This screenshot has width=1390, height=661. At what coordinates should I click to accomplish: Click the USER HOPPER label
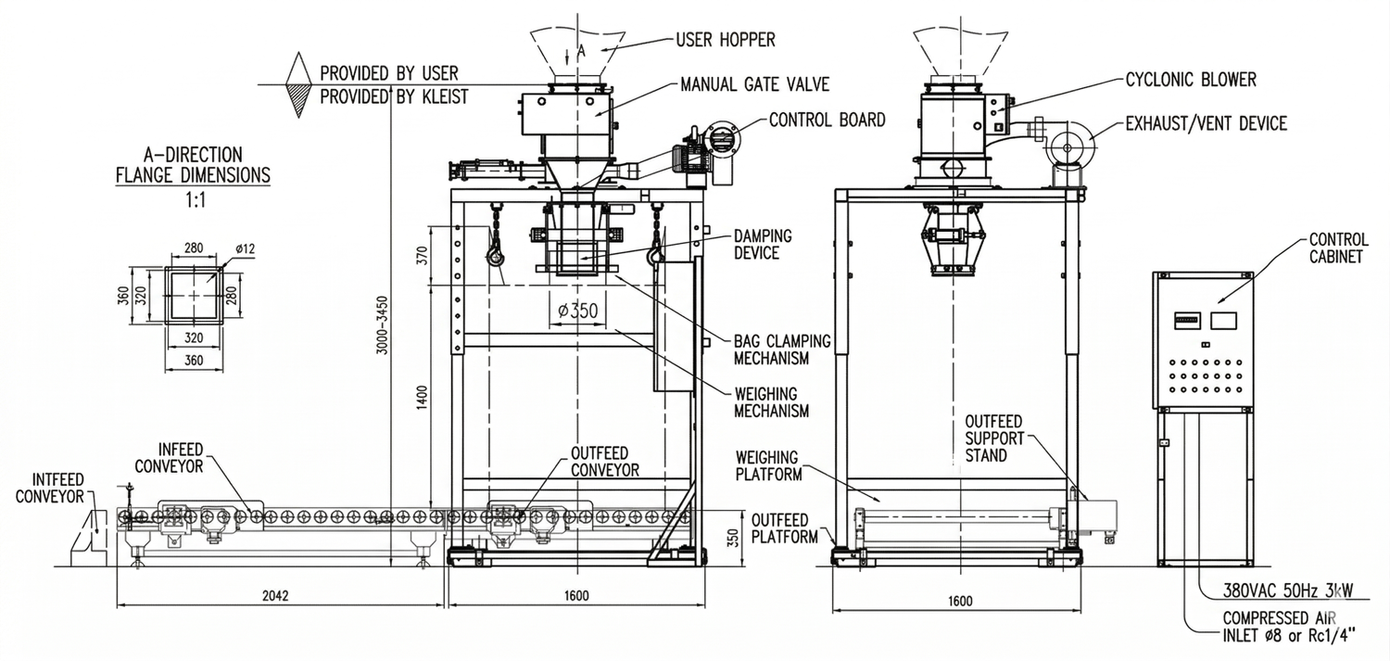[725, 40]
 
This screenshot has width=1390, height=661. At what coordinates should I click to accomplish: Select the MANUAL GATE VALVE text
[754, 84]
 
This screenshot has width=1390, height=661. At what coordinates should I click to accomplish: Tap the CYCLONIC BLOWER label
[1191, 80]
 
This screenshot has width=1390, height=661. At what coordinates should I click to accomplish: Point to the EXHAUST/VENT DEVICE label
[1206, 123]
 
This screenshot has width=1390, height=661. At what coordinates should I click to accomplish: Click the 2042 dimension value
[275, 595]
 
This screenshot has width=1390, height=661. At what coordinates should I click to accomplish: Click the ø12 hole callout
[246, 248]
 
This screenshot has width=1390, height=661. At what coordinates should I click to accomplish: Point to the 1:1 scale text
[193, 197]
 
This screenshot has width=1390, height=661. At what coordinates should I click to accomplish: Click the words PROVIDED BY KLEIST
[394, 96]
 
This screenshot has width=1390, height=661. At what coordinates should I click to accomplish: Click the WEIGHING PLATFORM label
[767, 466]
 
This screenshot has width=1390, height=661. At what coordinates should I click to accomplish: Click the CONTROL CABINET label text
[1335, 248]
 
